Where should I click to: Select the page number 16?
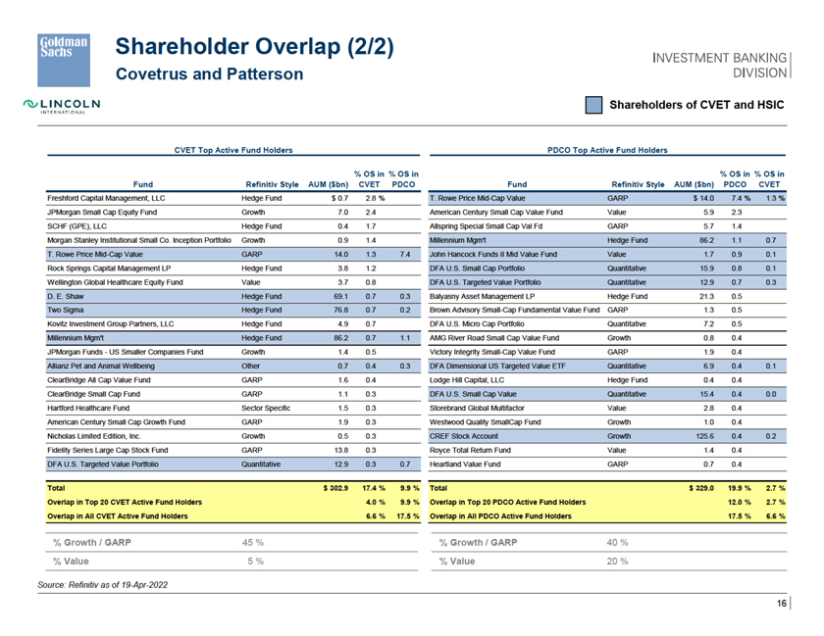click(x=783, y=603)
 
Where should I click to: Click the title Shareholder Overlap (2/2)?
click(x=255, y=46)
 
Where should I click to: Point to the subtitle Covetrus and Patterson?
click(x=209, y=74)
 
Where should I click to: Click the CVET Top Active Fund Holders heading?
click(x=232, y=150)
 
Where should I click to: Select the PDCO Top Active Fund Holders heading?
click(x=608, y=150)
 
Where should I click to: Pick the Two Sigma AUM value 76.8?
click(x=341, y=309)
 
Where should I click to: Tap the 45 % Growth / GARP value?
click(x=253, y=541)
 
